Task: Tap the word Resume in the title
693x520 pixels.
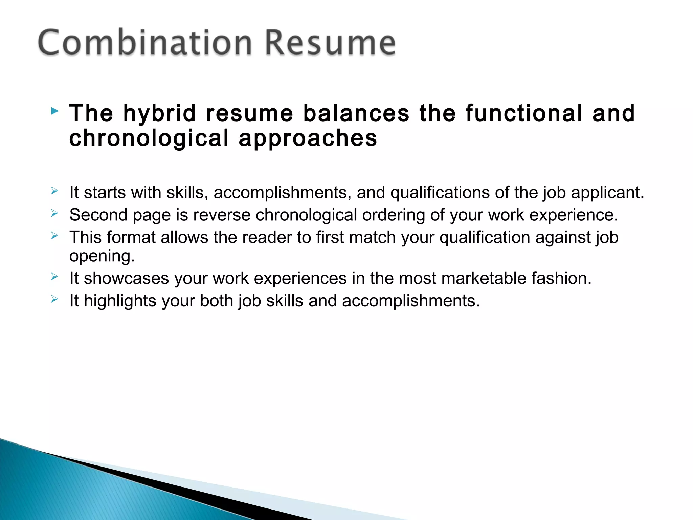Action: tap(330, 43)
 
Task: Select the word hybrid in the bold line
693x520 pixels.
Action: tap(159, 113)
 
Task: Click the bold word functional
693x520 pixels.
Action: tap(524, 113)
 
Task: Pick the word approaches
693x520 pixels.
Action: tap(308, 138)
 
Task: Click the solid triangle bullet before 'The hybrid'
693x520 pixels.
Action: tap(54, 111)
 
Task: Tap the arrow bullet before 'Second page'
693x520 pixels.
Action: tap(54, 213)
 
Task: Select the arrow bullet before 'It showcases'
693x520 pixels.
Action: tap(54, 277)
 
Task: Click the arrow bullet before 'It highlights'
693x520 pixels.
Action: tap(54, 299)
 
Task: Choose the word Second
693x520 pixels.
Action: tap(98, 215)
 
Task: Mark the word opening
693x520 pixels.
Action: tap(102, 256)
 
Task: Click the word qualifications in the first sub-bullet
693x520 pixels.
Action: tap(440, 193)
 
